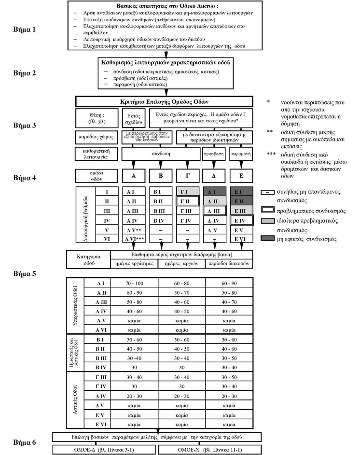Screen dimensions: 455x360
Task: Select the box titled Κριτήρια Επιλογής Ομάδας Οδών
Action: point(164,102)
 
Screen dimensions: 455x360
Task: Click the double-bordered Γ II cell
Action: point(187,201)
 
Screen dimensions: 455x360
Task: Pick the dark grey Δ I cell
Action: point(214,192)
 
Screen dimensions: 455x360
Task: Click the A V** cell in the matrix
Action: point(134,230)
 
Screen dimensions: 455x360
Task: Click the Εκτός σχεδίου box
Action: point(134,119)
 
